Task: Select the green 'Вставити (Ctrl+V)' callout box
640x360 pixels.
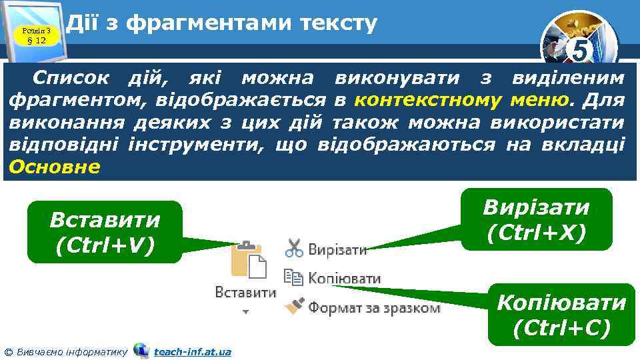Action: coord(105,232)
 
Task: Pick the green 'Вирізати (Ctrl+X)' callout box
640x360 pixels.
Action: coord(536,219)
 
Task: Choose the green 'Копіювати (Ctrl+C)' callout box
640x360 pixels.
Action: coord(561,315)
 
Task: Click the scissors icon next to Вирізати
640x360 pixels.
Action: coord(294,249)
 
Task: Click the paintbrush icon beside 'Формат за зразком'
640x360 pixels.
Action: coord(293,306)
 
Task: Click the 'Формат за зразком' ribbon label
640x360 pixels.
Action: coord(373,307)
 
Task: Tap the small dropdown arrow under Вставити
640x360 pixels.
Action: coord(245,311)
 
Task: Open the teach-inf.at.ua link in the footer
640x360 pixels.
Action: coord(192,351)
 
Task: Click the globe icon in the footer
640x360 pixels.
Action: coord(141,350)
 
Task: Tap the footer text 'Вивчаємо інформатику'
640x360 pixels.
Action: coord(70,351)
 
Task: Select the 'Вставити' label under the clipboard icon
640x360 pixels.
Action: coord(245,292)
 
